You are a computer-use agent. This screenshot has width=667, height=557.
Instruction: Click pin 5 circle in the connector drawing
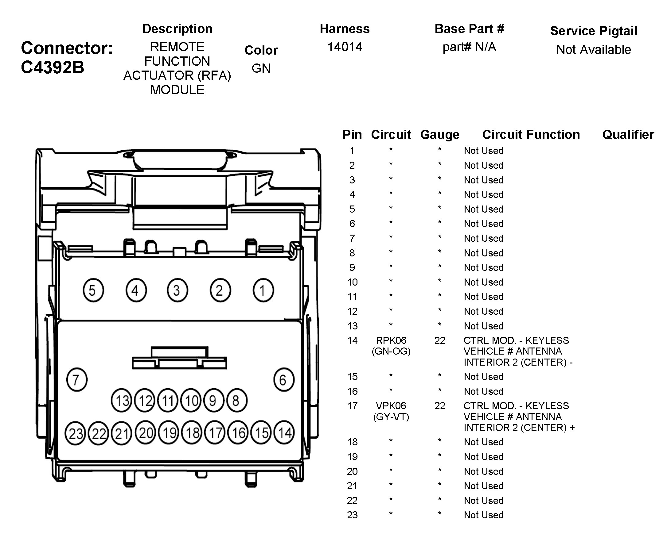(93, 290)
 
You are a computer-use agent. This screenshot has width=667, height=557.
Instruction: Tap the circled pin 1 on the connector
(263, 290)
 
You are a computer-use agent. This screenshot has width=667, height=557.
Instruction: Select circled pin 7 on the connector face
(76, 380)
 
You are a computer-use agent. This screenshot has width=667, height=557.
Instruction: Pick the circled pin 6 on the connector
(284, 380)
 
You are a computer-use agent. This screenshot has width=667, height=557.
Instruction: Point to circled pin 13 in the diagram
(121, 401)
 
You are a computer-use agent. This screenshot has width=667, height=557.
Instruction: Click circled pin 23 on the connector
(75, 434)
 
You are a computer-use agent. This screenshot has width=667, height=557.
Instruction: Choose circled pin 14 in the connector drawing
(284, 433)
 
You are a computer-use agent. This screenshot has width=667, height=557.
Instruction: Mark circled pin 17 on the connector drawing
(215, 433)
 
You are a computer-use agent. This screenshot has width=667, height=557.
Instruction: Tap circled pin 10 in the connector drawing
(191, 401)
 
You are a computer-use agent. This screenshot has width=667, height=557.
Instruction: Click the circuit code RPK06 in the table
(391, 340)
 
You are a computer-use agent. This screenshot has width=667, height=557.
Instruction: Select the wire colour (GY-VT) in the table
(391, 417)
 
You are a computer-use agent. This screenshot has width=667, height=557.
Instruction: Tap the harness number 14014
(345, 47)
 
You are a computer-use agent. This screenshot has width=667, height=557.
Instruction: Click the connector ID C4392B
(53, 67)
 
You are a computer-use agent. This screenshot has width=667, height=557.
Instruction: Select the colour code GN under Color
(261, 68)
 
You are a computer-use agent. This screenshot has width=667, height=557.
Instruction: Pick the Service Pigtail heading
(593, 31)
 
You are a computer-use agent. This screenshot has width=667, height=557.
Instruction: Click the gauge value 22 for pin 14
(439, 340)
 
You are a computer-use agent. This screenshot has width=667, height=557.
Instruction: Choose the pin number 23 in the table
(352, 515)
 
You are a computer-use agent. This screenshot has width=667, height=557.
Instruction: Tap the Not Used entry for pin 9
(483, 267)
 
